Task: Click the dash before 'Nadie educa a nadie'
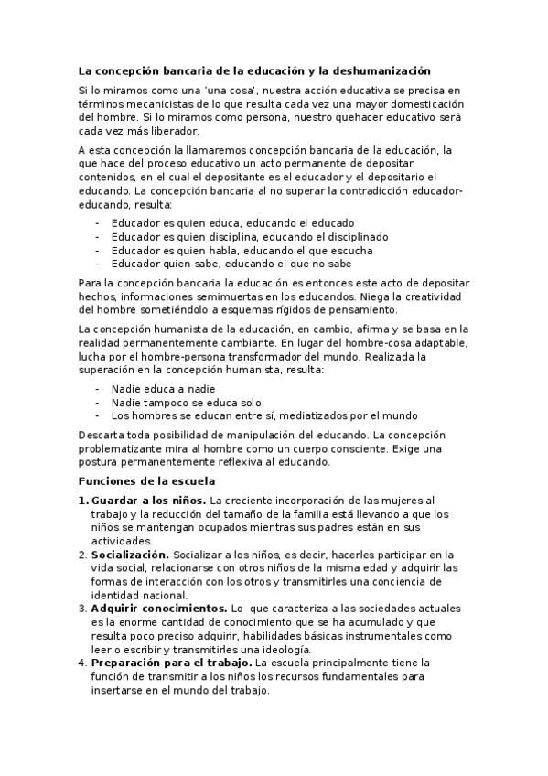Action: (x=98, y=388)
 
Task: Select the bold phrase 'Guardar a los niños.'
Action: (x=149, y=501)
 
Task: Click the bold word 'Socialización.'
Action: (x=130, y=555)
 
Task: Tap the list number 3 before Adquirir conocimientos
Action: (x=82, y=608)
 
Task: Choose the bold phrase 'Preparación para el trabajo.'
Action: (x=171, y=661)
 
